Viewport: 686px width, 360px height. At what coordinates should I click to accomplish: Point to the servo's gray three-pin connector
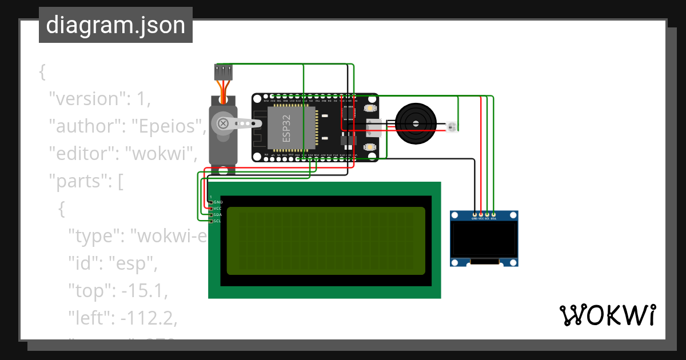pyautogui.click(x=224, y=72)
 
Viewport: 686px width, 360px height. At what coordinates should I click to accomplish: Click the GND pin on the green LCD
pyautogui.click(x=211, y=202)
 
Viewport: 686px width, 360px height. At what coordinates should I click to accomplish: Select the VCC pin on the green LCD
pyautogui.click(x=211, y=209)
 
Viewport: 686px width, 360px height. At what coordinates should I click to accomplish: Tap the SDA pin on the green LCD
pyautogui.click(x=211, y=215)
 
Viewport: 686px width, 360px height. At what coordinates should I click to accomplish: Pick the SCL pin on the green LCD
pyautogui.click(x=211, y=221)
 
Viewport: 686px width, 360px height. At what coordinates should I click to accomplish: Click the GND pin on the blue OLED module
pyautogui.click(x=474, y=215)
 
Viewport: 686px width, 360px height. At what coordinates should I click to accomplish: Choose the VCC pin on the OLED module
pyautogui.click(x=481, y=215)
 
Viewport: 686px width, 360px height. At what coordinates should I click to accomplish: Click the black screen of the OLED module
pyautogui.click(x=484, y=239)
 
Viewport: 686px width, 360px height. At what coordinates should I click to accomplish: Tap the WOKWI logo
pyautogui.click(x=607, y=315)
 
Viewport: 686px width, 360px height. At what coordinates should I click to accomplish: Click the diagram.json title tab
pyautogui.click(x=115, y=25)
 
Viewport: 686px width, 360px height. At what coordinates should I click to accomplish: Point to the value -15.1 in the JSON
pyautogui.click(x=142, y=291)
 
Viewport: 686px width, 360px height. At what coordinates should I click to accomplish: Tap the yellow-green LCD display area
pyautogui.click(x=326, y=241)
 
